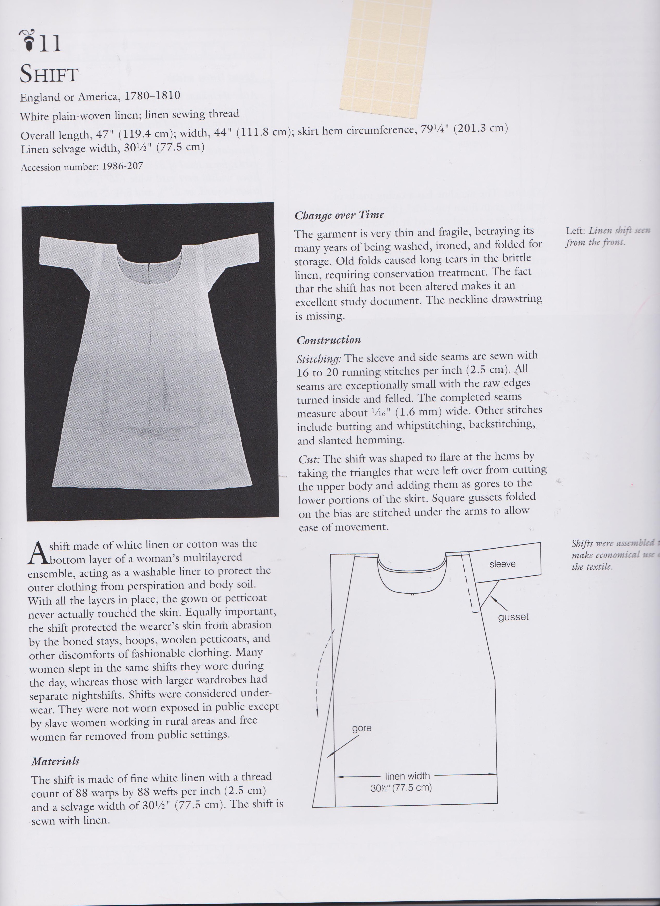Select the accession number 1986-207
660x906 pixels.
click(x=122, y=166)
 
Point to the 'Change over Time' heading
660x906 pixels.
click(x=339, y=215)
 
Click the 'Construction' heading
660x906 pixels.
click(x=328, y=340)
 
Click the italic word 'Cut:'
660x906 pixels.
click(x=309, y=459)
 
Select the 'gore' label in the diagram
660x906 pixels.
click(x=362, y=728)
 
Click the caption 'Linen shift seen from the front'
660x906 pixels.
click(x=607, y=236)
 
